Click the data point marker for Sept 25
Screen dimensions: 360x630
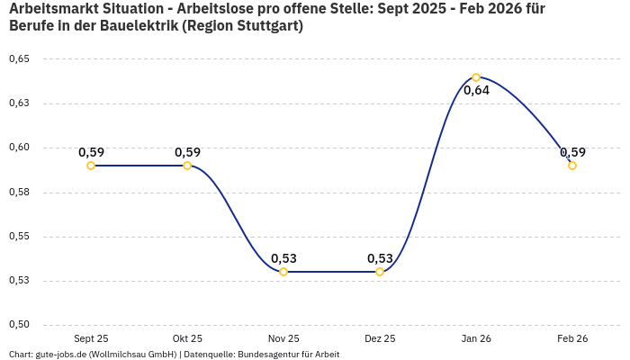(x=91, y=166)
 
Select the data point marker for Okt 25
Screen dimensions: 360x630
(x=187, y=166)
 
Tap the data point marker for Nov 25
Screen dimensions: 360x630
(x=283, y=272)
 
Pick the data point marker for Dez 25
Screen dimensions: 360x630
(x=380, y=272)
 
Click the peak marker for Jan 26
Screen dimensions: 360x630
(x=476, y=77)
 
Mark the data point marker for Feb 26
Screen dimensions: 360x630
(x=572, y=166)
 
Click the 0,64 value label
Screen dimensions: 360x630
(x=476, y=91)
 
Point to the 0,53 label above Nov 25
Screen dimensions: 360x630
(x=283, y=258)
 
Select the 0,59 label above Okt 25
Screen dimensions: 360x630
(x=187, y=152)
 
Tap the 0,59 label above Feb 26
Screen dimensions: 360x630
(x=572, y=152)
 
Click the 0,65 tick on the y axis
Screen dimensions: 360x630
(x=19, y=59)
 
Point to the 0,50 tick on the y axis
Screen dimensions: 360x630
(x=19, y=325)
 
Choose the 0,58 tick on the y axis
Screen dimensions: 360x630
(x=19, y=193)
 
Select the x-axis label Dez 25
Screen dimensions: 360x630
(x=380, y=338)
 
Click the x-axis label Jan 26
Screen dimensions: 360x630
(x=476, y=338)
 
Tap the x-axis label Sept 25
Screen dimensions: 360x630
(x=91, y=338)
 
